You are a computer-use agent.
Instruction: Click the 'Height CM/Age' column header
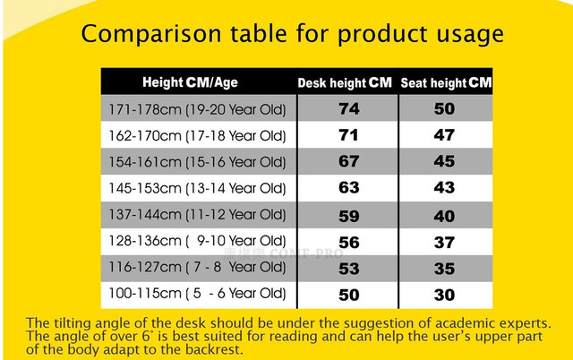coord(190,82)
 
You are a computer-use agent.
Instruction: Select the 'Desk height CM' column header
coord(345,82)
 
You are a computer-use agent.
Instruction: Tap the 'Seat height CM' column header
coord(446,82)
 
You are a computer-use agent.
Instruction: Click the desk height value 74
coord(348,108)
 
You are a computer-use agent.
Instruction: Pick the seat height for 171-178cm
coord(444,108)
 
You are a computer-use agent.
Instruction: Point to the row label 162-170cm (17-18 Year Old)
coord(197,135)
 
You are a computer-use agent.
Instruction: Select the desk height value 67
coord(348,161)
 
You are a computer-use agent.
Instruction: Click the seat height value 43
coord(444,187)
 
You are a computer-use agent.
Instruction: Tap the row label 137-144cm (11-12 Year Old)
coord(197,215)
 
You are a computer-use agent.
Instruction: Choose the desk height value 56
coord(348,243)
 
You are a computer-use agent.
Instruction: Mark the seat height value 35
coord(444,269)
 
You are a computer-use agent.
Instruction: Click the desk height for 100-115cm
coord(348,295)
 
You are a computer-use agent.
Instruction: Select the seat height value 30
coord(444,295)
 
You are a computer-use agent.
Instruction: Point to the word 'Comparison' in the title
coord(151,35)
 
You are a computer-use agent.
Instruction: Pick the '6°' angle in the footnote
coord(145,336)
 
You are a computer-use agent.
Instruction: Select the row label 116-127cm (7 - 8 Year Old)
coord(197,267)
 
